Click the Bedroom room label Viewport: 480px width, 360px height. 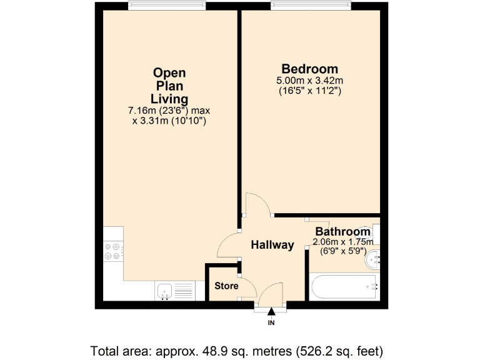(309, 69)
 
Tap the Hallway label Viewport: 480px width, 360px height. (272, 245)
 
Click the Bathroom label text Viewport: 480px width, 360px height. (342, 231)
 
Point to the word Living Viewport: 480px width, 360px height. (169, 99)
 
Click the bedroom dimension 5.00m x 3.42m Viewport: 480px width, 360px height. (309, 81)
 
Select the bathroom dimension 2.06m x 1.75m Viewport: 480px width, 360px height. (342, 242)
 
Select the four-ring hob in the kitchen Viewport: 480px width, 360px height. (113, 250)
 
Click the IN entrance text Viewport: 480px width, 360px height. (271, 323)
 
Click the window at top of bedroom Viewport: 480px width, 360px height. (309, 6)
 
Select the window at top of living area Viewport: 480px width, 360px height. (166, 6)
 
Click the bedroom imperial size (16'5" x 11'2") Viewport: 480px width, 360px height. (309, 91)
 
